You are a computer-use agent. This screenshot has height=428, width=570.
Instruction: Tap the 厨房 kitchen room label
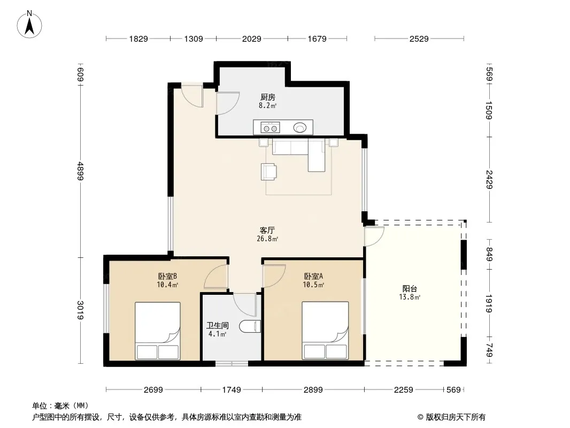pyautogui.click(x=267, y=97)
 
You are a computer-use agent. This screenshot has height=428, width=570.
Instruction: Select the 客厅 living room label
pyautogui.click(x=267, y=230)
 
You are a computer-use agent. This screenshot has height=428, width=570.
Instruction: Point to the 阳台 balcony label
pyautogui.click(x=410, y=289)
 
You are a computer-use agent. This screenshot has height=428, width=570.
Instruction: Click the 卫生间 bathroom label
pyautogui.click(x=218, y=325)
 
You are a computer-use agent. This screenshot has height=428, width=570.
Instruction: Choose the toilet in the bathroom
pyautogui.click(x=250, y=326)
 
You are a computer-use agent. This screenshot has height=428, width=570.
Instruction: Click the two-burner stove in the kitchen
pyautogui.click(x=270, y=128)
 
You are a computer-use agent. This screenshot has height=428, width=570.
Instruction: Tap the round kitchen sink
pyautogui.click(x=300, y=128)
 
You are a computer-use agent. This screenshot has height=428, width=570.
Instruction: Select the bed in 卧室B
pyautogui.click(x=158, y=331)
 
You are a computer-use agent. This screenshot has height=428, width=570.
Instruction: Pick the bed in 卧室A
pyautogui.click(x=325, y=331)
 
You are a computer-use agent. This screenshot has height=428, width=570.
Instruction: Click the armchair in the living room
pyautogui.click(x=268, y=172)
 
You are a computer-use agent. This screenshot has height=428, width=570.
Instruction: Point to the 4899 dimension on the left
pyautogui.click(x=80, y=171)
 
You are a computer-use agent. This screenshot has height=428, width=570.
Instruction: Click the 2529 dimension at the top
pyautogui.click(x=419, y=39)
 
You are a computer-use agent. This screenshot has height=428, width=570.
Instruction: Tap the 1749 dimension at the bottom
pyautogui.click(x=232, y=390)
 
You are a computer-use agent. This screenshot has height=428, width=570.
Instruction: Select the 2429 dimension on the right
pyautogui.click(x=489, y=180)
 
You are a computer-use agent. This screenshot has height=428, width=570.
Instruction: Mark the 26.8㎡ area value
pyautogui.click(x=267, y=239)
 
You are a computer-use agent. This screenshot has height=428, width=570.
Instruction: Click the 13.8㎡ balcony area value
pyautogui.click(x=410, y=297)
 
